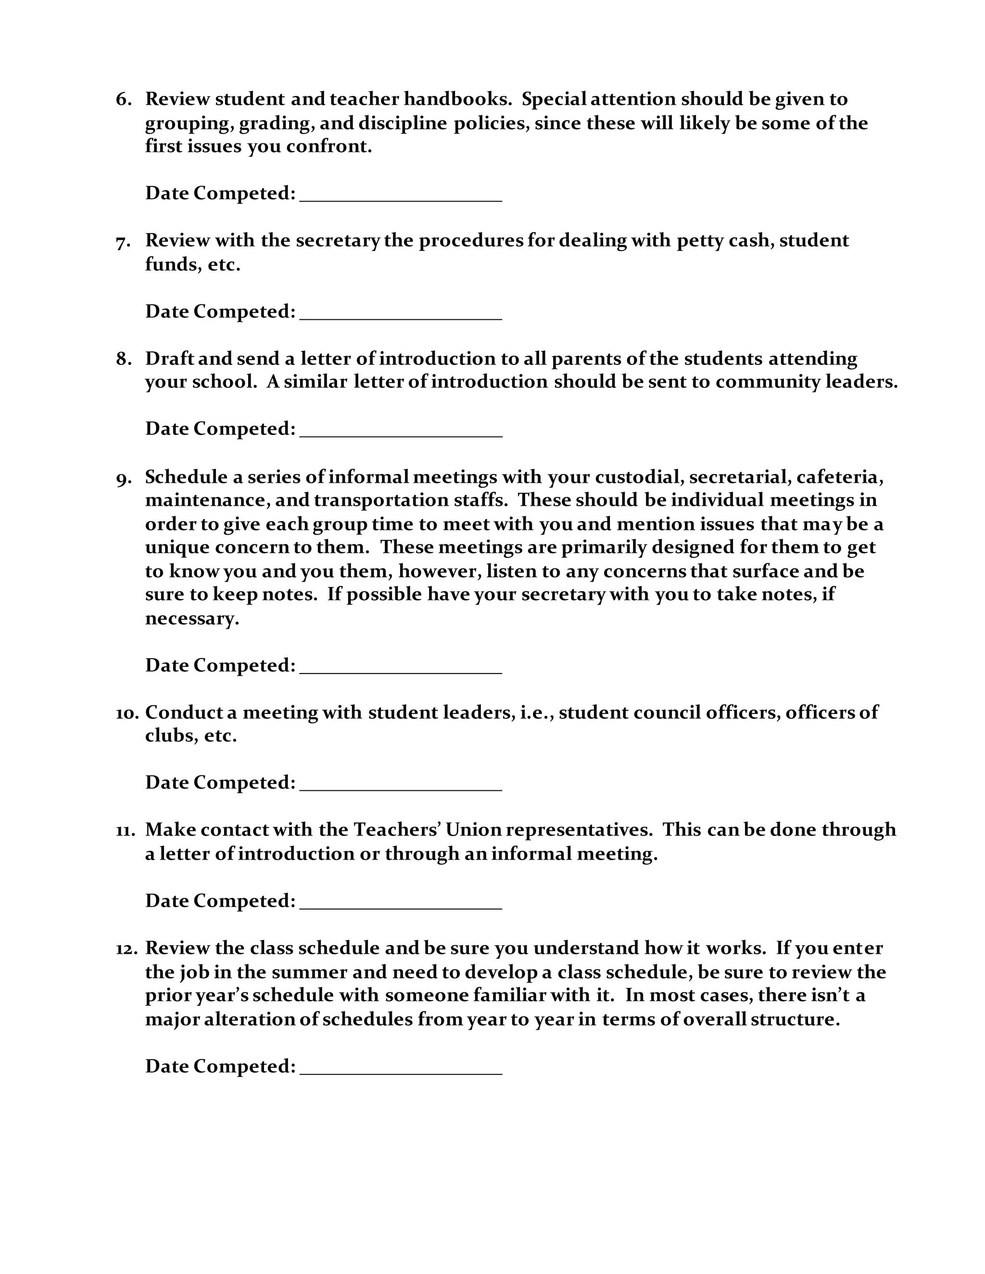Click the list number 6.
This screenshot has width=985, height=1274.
click(x=123, y=99)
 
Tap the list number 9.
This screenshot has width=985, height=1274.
click(x=123, y=478)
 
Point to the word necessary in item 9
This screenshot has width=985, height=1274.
click(x=191, y=618)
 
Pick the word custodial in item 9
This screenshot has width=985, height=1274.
click(x=640, y=477)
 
